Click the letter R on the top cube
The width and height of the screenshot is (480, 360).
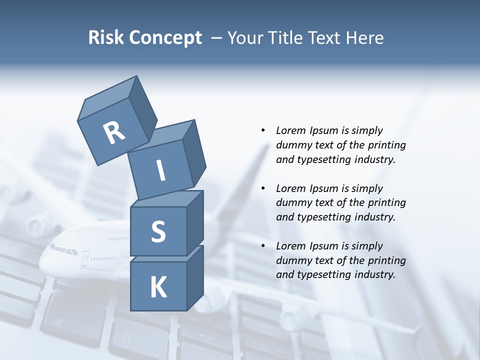coord(113,133)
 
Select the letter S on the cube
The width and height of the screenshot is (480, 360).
coord(158,231)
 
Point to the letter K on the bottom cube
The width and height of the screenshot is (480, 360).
coord(158,287)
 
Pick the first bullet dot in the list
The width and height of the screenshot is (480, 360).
coord(263,130)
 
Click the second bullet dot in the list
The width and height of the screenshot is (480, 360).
coord(263,188)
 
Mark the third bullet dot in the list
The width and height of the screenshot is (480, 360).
coord(263,246)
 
